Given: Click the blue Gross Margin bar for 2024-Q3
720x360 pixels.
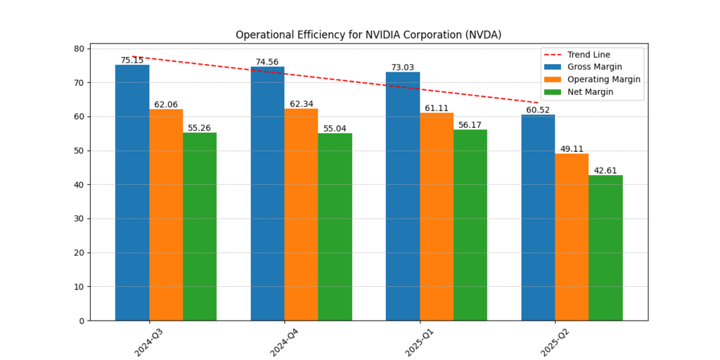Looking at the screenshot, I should tap(132, 193).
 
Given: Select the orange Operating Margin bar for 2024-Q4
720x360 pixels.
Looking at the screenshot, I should tap(301, 214).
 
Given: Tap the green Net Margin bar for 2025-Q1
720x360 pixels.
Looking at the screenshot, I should tap(470, 225).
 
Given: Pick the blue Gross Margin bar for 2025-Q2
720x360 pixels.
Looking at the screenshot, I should tap(538, 217).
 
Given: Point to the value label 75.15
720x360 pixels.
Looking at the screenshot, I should tap(132, 60).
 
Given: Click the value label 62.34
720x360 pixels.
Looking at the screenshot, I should tap(302, 104).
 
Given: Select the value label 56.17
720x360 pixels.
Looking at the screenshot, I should tap(470, 125).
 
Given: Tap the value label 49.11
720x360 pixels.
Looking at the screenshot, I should tap(572, 149).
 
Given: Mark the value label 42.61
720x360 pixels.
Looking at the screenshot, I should tap(605, 171).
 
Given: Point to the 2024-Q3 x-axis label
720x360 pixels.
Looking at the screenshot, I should tap(148, 341).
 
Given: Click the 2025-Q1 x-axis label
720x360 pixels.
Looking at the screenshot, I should tap(419, 341).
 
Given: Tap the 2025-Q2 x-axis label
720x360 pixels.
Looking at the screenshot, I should tap(555, 341).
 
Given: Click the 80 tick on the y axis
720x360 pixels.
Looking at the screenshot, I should tap(77, 49).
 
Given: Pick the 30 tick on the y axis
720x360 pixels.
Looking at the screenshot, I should tap(77, 219).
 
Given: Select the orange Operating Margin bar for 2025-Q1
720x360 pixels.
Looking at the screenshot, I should tap(437, 217).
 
